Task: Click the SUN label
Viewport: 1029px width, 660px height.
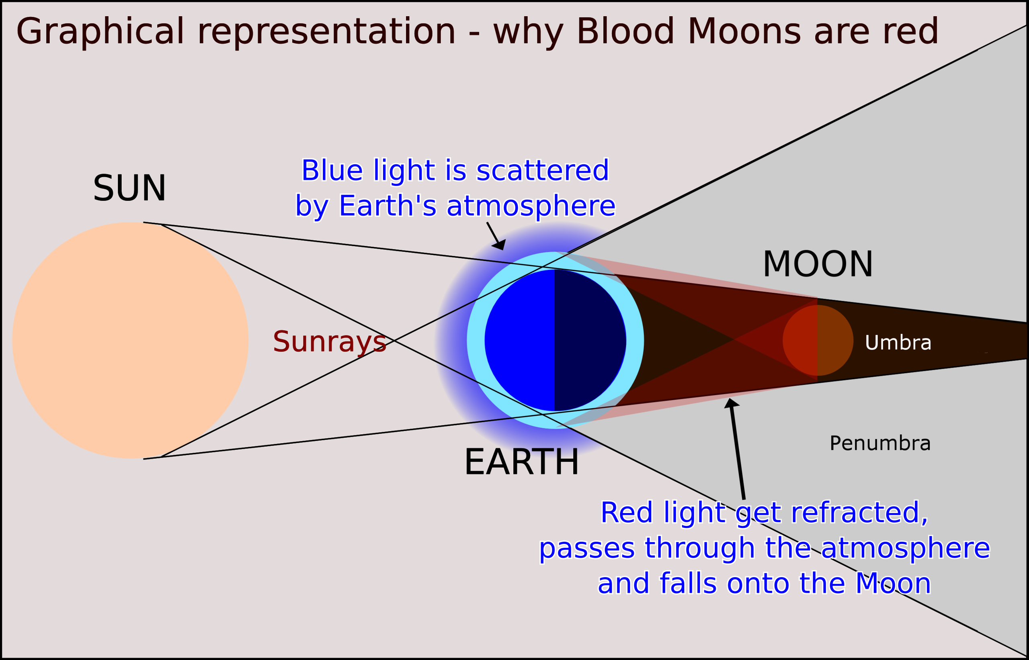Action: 129,188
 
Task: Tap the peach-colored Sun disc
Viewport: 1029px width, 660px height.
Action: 130,340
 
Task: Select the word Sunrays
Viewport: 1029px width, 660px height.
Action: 329,341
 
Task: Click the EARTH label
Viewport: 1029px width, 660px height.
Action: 521,462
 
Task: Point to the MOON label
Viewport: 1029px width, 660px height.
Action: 818,264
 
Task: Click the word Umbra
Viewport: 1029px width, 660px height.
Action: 898,342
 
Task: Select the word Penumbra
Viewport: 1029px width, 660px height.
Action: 880,443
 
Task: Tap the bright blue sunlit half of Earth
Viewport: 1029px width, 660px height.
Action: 520,340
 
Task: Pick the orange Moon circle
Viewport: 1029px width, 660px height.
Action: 818,340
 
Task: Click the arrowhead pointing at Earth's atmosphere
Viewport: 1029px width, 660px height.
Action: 500,245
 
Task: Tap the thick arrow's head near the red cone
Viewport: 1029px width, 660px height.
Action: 731,403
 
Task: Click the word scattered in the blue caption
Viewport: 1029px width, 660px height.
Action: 542,170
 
